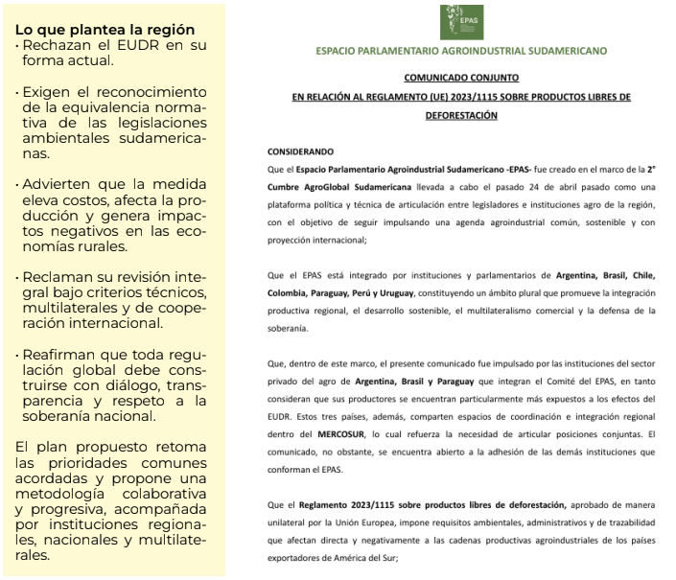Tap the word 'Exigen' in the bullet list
[47, 91]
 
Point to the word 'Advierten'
[59, 183]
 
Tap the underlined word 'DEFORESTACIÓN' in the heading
[461, 115]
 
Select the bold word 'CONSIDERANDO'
[301, 151]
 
